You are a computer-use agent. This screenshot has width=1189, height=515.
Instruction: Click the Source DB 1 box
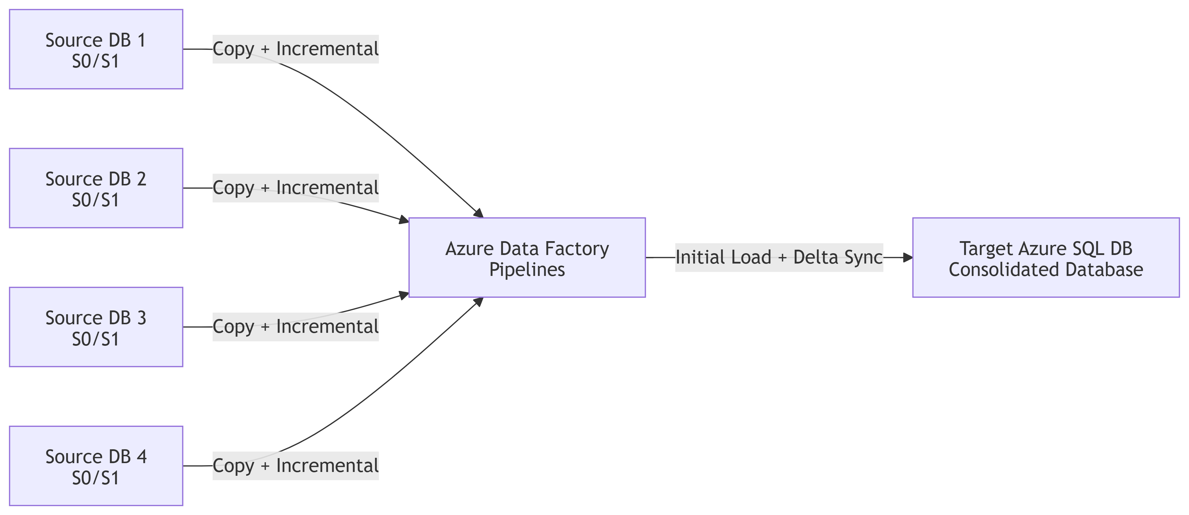pyautogui.click(x=96, y=49)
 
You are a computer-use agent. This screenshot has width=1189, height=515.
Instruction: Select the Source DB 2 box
pyautogui.click(x=96, y=188)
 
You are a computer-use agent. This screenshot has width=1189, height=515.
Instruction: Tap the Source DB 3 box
pyautogui.click(x=96, y=327)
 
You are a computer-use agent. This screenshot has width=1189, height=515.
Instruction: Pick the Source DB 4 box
pyautogui.click(x=96, y=466)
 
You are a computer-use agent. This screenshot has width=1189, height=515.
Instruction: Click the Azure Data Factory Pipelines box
pyautogui.click(x=527, y=258)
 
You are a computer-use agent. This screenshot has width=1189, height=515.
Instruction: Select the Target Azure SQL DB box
pyautogui.click(x=1045, y=258)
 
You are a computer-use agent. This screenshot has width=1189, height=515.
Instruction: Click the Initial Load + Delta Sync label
pyautogui.click(x=779, y=258)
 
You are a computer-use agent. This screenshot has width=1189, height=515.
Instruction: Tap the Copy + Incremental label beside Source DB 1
pyautogui.click(x=295, y=49)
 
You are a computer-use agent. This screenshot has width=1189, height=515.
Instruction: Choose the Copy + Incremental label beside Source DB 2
pyautogui.click(x=295, y=188)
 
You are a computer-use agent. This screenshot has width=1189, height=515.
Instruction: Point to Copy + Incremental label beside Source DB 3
pyautogui.click(x=295, y=327)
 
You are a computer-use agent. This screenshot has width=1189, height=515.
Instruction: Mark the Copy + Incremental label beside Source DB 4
pyautogui.click(x=295, y=466)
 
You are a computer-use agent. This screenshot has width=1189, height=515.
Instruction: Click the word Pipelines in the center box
pyautogui.click(x=527, y=269)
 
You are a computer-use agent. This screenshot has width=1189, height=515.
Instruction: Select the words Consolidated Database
pyautogui.click(x=1045, y=269)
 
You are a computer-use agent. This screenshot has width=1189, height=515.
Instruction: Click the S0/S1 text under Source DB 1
pyautogui.click(x=96, y=61)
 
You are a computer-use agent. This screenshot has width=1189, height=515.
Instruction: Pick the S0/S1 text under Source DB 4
pyautogui.click(x=96, y=478)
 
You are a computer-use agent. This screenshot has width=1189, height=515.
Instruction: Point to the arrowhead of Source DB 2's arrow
pyautogui.click(x=404, y=220)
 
